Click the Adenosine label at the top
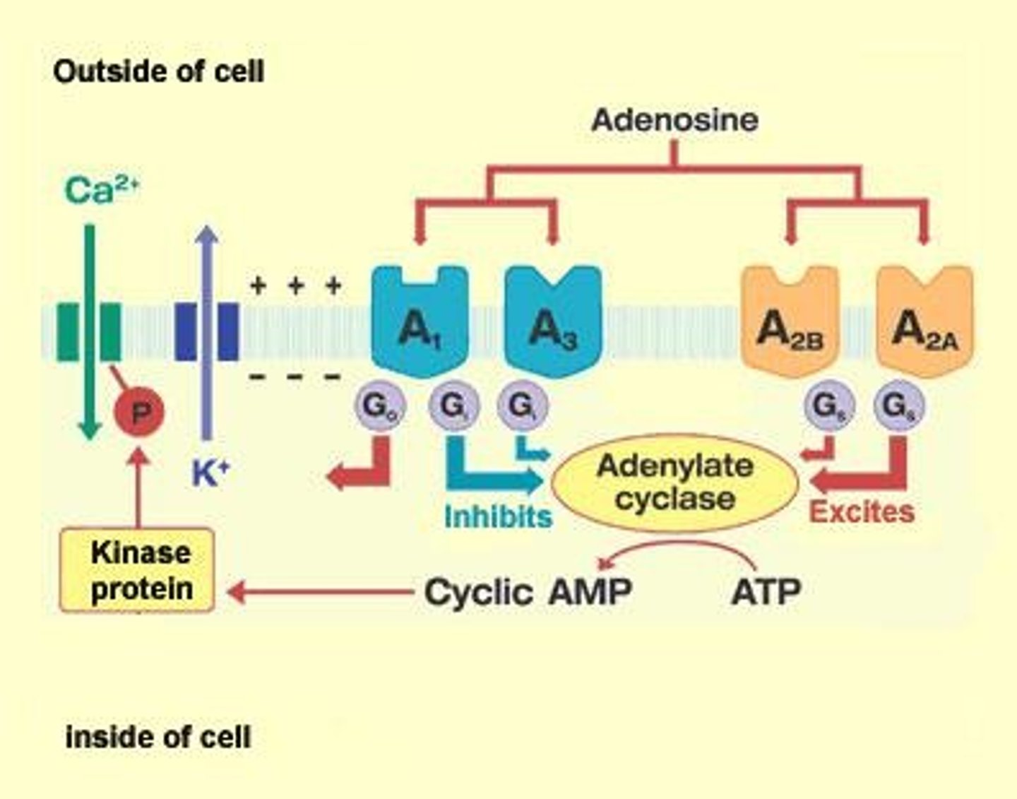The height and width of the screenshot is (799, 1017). [674, 119]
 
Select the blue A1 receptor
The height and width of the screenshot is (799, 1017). [420, 322]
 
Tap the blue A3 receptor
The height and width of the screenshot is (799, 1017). [554, 322]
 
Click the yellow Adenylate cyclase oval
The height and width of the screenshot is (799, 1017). [674, 483]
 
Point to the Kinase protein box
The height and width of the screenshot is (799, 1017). [138, 570]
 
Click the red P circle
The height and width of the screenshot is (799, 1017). [139, 412]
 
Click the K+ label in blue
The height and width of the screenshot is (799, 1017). [210, 472]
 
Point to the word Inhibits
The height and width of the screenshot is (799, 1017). [498, 516]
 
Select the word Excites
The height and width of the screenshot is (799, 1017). [862, 511]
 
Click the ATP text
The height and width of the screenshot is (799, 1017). [766, 591]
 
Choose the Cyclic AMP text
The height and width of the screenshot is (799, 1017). [528, 591]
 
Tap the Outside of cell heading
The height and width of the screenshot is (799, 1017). [159, 71]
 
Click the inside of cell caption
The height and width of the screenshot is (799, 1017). [158, 737]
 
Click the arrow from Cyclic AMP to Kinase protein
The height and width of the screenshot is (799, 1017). [321, 591]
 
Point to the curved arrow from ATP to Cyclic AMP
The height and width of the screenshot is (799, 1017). [678, 548]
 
